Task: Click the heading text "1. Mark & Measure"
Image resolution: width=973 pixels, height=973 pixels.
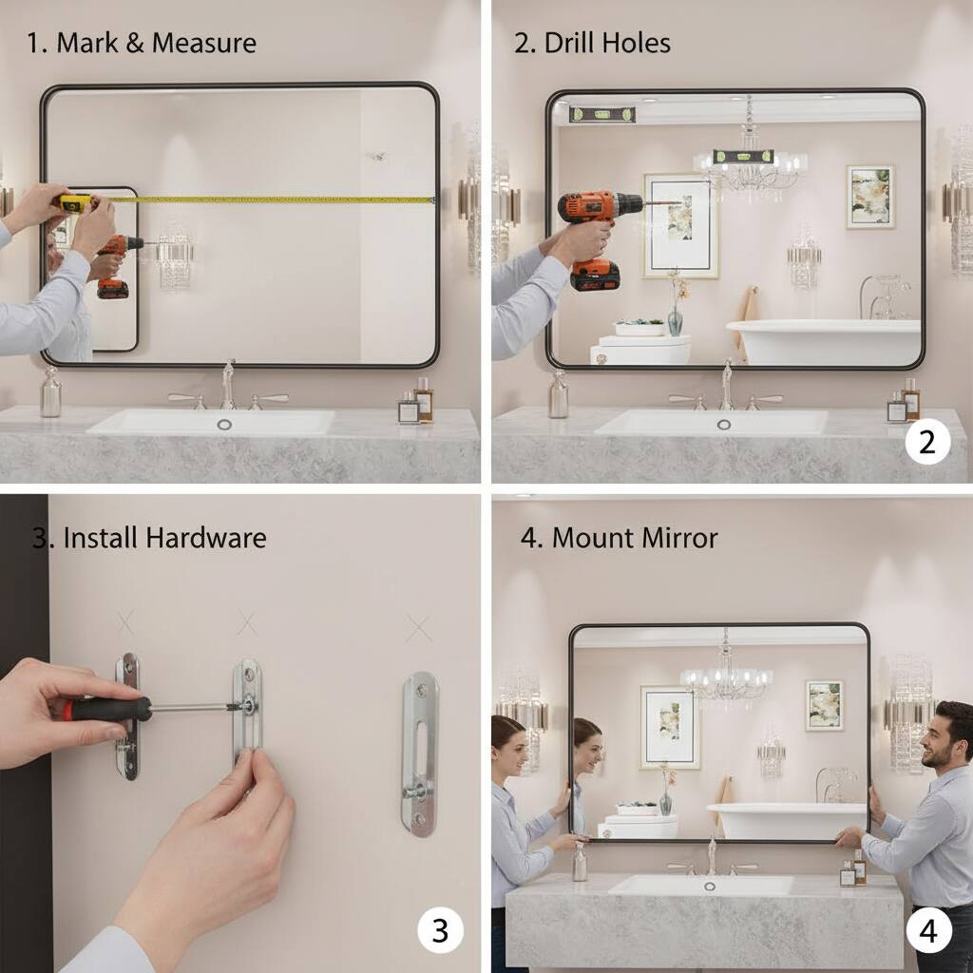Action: [142, 43]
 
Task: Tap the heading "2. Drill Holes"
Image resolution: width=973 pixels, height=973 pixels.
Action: [592, 43]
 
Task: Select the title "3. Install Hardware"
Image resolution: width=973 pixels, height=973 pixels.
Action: [149, 538]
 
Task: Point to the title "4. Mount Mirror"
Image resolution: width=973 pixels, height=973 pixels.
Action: [619, 538]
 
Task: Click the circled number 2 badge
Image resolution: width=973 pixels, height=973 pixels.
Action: [927, 441]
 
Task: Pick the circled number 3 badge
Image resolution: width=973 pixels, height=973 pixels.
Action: [441, 930]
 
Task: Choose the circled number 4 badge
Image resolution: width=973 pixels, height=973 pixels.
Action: [928, 930]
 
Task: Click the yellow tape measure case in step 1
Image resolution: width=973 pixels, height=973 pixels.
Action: [75, 202]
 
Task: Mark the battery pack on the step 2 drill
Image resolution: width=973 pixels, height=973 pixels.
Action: [595, 275]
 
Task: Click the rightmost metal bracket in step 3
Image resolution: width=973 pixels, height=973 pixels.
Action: [419, 754]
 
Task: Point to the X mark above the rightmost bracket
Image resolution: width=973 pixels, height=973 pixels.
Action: [418, 628]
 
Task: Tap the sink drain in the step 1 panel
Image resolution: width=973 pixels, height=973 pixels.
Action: [225, 424]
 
